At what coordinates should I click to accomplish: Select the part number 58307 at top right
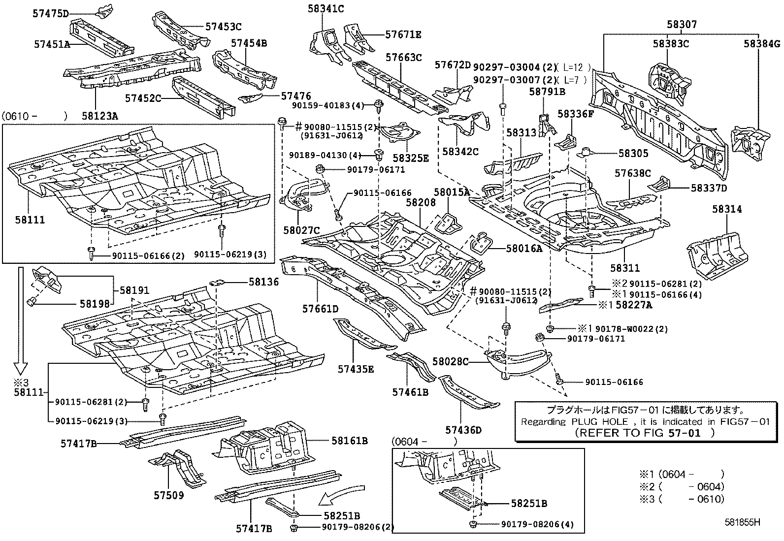pyautogui.click(x=682, y=24)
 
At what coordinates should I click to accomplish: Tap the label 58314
pyautogui.click(x=726, y=209)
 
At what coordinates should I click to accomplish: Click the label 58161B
pyautogui.click(x=349, y=441)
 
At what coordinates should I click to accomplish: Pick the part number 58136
pyautogui.click(x=263, y=282)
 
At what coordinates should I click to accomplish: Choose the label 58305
pyautogui.click(x=633, y=154)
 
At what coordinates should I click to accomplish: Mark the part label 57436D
pyautogui.click(x=463, y=430)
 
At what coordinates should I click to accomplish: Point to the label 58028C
pyautogui.click(x=450, y=362)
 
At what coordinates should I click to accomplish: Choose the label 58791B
pyautogui.click(x=547, y=91)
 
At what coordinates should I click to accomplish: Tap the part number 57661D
pyautogui.click(x=320, y=309)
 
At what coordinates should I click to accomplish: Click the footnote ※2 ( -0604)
pyautogui.click(x=682, y=487)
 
